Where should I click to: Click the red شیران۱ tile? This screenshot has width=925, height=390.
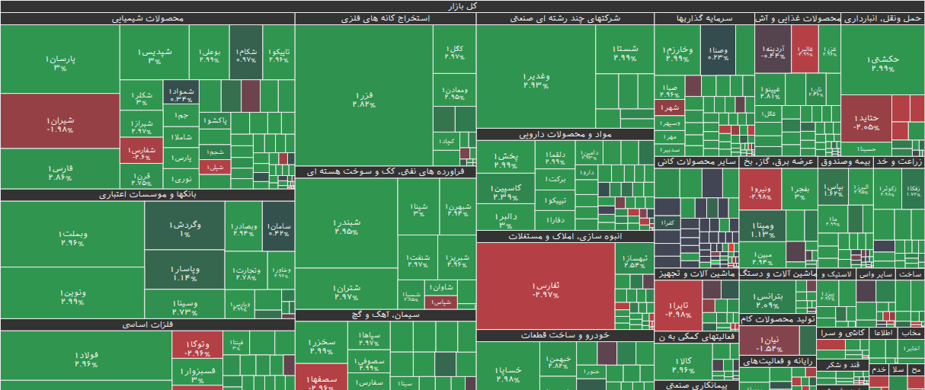click(x=59, y=124)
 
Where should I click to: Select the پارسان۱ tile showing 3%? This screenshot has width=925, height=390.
click(x=59, y=62)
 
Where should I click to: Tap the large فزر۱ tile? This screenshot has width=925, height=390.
click(x=363, y=99)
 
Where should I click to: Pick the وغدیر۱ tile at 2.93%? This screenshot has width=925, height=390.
click(x=536, y=80)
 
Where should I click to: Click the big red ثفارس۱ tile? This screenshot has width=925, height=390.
click(x=546, y=289)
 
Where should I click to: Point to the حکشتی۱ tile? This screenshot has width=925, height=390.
click(x=882, y=63)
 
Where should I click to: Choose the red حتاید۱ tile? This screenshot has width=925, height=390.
click(x=866, y=122)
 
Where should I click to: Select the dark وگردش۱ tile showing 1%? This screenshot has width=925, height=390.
click(x=184, y=229)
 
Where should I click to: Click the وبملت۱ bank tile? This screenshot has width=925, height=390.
click(x=72, y=238)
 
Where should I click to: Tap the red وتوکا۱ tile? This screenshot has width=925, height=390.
click(x=197, y=348)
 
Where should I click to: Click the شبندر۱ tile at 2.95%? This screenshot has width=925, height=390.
click(x=346, y=226)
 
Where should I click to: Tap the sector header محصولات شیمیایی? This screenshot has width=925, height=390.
click(x=148, y=18)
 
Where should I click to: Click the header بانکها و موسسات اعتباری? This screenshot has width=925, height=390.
click(x=148, y=195)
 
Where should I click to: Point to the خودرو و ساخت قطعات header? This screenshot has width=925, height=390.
click(x=565, y=335)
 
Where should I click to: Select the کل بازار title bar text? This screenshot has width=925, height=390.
click(x=462, y=5)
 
